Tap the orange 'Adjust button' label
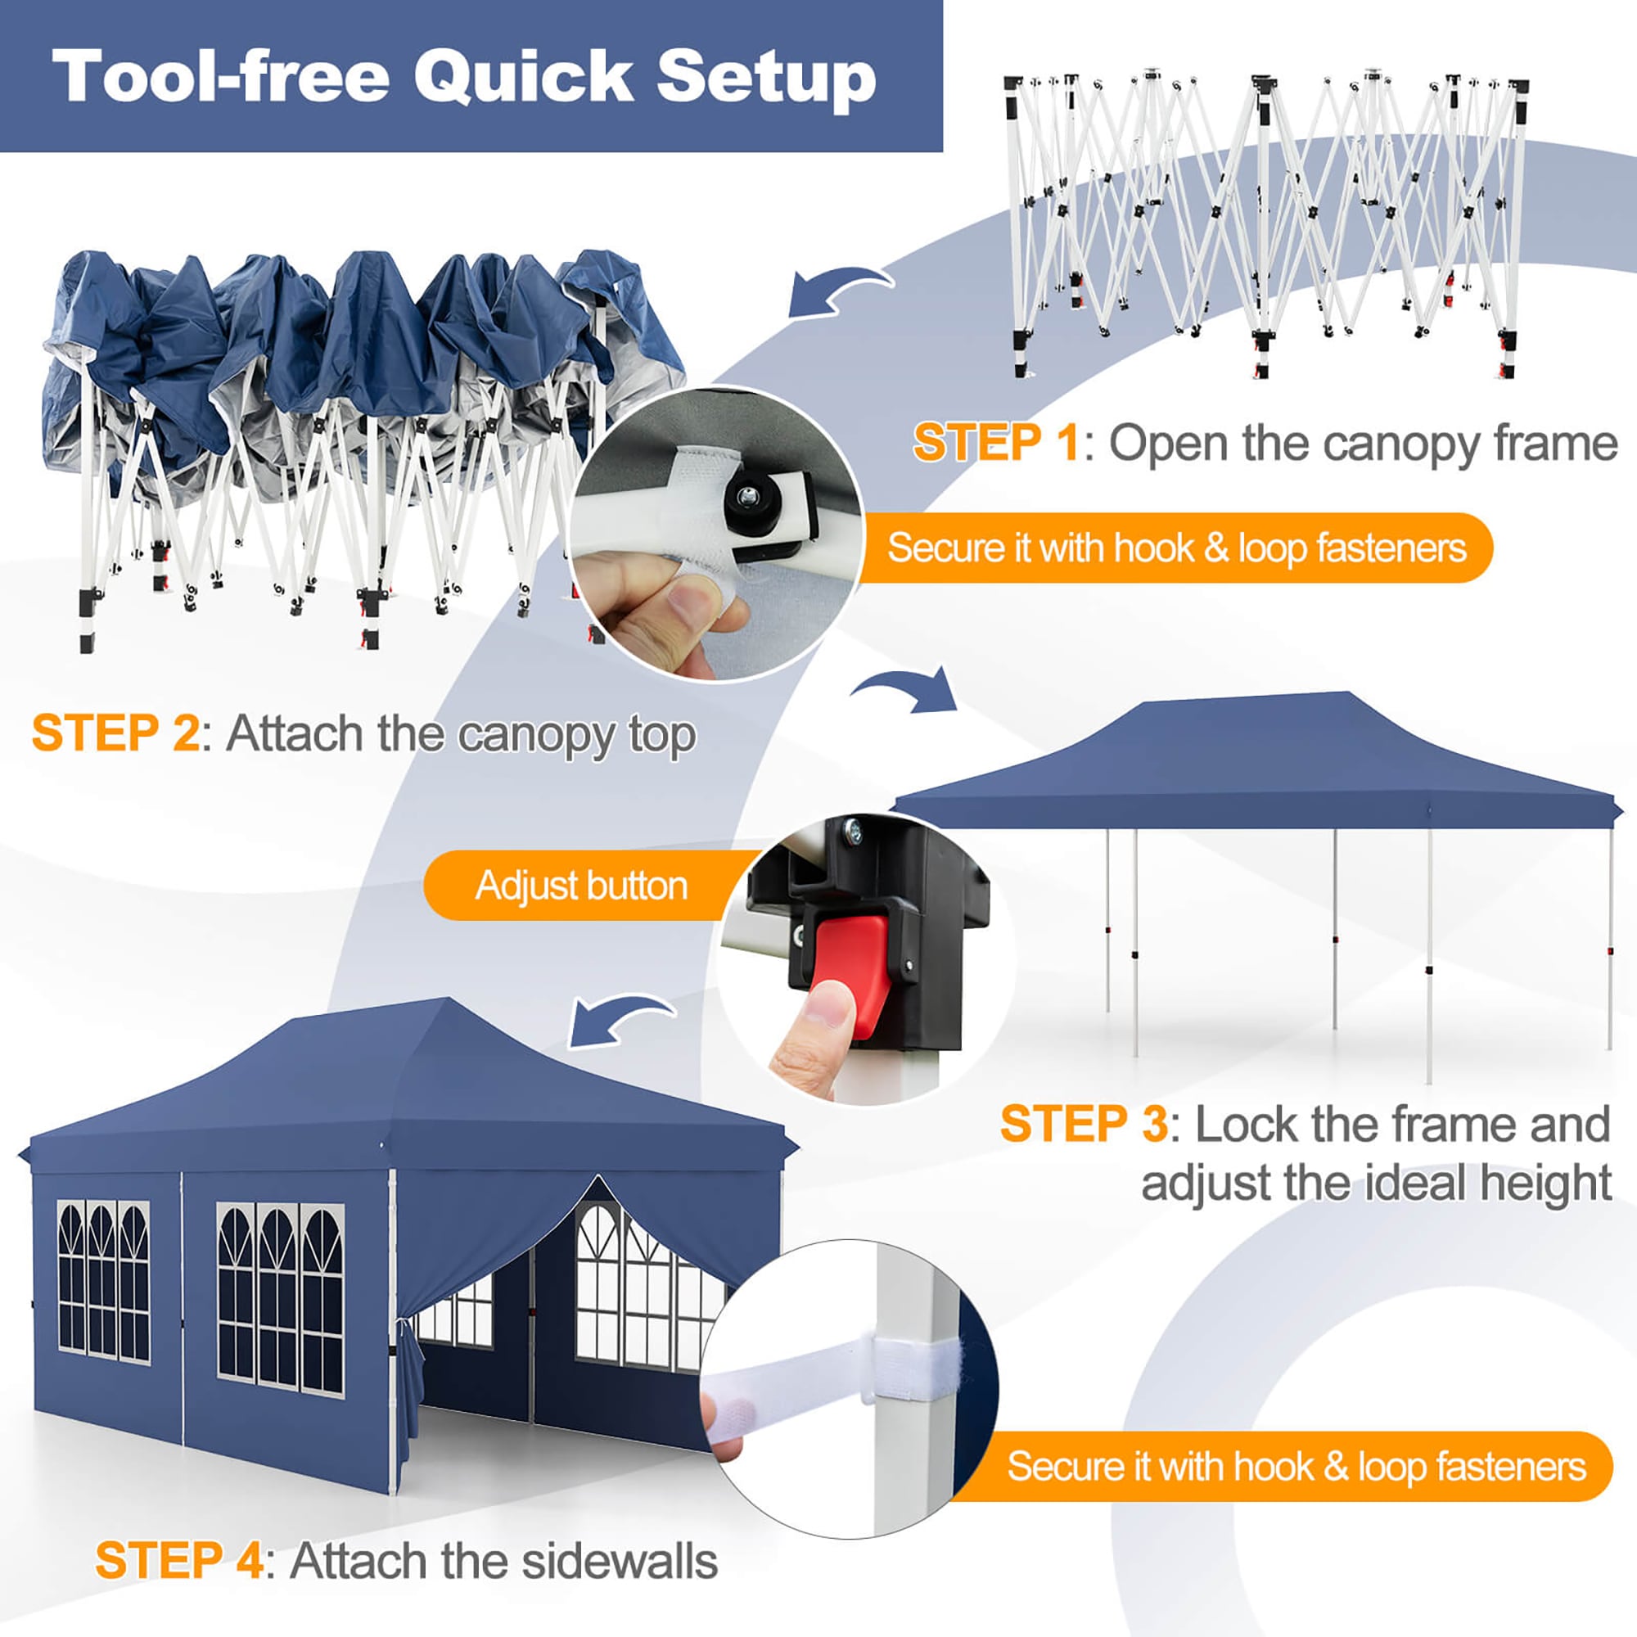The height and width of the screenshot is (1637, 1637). [x=581, y=886]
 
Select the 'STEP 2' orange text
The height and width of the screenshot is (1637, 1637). [x=115, y=733]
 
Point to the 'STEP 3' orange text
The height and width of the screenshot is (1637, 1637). [x=1084, y=1125]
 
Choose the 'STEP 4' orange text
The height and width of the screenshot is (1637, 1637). [x=178, y=1561]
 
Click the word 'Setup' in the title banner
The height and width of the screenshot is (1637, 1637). [x=766, y=78]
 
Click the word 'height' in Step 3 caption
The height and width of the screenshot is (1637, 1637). [x=1539, y=1183]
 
